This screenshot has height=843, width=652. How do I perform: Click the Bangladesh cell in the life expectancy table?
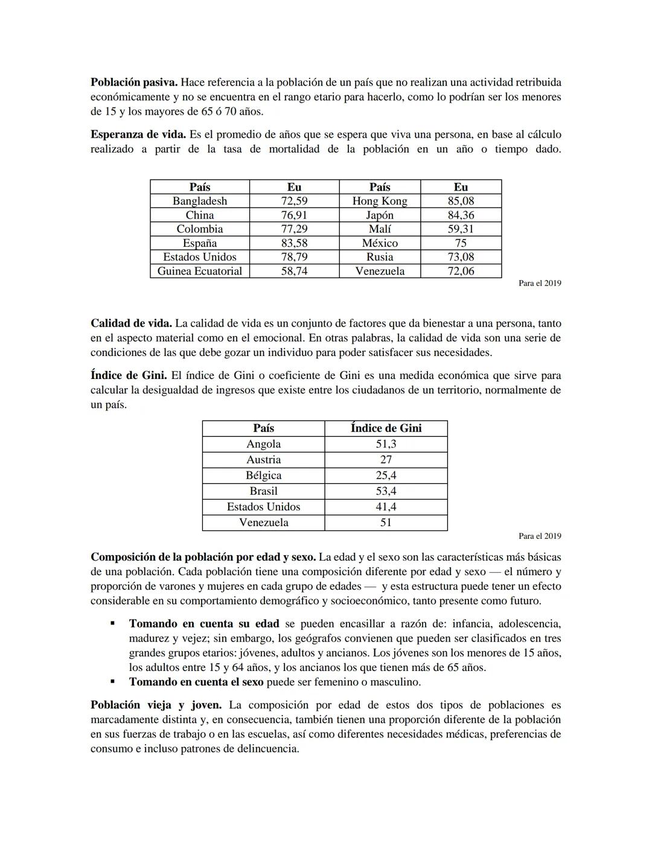(200, 201)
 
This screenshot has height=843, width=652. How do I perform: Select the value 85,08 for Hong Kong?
(461, 201)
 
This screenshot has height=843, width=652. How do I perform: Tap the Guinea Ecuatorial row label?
(200, 271)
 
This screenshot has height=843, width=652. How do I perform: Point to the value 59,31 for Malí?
(461, 229)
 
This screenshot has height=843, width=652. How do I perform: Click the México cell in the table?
(380, 243)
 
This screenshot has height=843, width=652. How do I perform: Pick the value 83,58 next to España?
(294, 243)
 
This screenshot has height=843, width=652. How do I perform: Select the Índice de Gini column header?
(386, 428)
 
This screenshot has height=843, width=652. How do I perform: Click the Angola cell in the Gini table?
(263, 444)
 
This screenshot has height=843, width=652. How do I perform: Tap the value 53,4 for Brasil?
(386, 491)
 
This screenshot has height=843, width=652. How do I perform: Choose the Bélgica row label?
(263, 475)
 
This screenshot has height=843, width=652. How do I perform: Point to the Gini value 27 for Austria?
(386, 459)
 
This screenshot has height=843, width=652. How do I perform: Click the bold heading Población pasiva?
(133, 82)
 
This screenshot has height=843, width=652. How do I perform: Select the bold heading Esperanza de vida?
(138, 135)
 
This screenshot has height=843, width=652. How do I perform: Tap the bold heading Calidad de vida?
(131, 323)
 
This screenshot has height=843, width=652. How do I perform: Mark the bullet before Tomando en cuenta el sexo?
(112, 682)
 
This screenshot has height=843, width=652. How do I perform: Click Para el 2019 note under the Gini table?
(540, 536)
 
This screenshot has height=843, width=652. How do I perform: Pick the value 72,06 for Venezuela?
(461, 271)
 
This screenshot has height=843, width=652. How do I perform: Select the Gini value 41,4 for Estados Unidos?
(386, 506)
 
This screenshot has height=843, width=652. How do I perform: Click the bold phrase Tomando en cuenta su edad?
(204, 623)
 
